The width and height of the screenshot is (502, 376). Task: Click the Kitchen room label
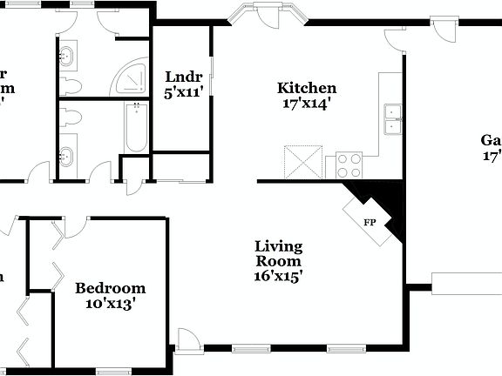click(307, 88)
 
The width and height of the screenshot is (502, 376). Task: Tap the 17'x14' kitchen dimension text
click(307, 103)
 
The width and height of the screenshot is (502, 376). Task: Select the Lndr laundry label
click(183, 76)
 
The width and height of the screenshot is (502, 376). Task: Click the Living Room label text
click(278, 253)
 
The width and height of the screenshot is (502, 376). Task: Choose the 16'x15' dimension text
click(278, 277)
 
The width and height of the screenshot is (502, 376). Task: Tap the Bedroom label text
click(110, 289)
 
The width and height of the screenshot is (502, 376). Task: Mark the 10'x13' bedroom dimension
click(110, 305)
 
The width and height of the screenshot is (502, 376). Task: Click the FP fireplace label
click(370, 221)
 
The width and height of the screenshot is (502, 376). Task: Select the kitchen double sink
click(393, 119)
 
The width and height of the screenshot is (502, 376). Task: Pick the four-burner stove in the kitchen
click(349, 165)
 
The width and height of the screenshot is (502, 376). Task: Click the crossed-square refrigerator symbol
click(302, 162)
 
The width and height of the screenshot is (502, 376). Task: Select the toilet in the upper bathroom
click(70, 86)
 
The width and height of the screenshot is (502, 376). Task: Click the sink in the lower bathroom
click(67, 158)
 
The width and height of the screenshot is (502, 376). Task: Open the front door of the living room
click(187, 339)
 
